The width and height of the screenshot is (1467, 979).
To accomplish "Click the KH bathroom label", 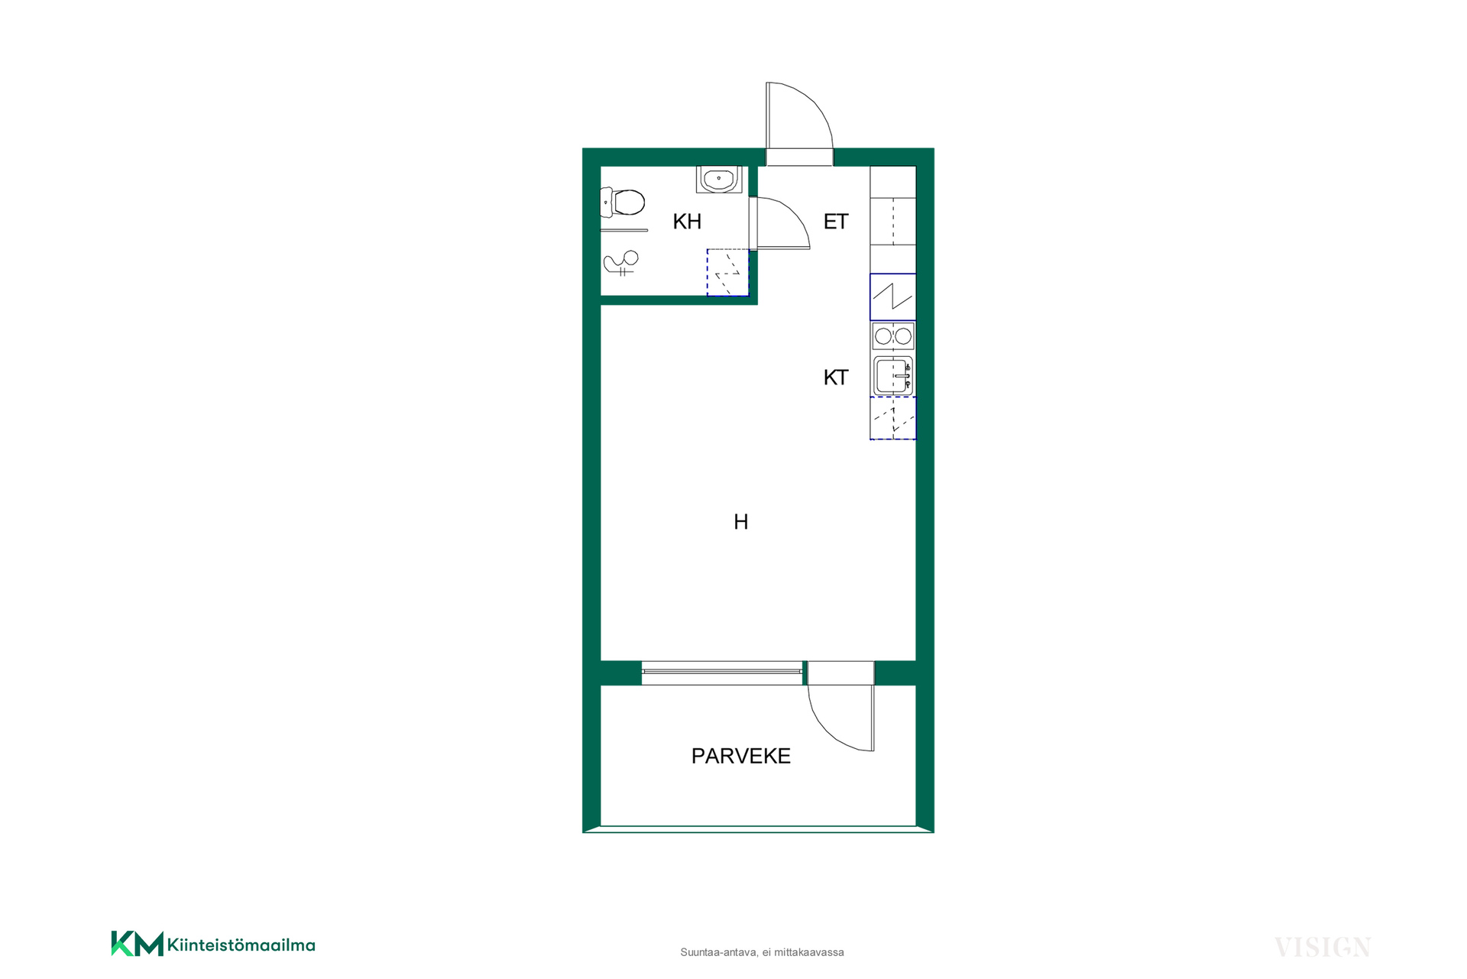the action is (687, 222).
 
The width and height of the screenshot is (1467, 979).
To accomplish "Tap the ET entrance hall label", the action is (836, 222).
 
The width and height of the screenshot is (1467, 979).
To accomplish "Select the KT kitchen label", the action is (836, 378).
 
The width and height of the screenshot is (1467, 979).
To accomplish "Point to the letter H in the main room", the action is (741, 522).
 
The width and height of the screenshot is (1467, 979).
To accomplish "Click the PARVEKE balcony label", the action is (740, 756).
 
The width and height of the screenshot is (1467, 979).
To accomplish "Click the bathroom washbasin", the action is (719, 180).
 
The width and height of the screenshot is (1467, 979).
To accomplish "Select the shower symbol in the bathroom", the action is (621, 263).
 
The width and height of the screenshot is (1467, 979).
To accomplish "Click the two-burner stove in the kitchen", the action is (893, 336).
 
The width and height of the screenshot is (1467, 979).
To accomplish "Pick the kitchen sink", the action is (893, 376).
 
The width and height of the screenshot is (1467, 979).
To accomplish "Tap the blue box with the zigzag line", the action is (893, 297).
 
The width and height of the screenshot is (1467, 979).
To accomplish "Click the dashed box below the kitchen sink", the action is (893, 418).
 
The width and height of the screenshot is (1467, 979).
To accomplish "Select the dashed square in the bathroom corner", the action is (727, 272).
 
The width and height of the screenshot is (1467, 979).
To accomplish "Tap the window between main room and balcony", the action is (722, 672).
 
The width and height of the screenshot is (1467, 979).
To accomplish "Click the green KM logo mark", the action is (138, 943).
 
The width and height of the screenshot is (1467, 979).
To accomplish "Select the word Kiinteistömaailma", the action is (241, 945).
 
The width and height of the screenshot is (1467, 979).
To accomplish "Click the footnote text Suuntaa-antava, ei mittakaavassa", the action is (762, 952).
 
